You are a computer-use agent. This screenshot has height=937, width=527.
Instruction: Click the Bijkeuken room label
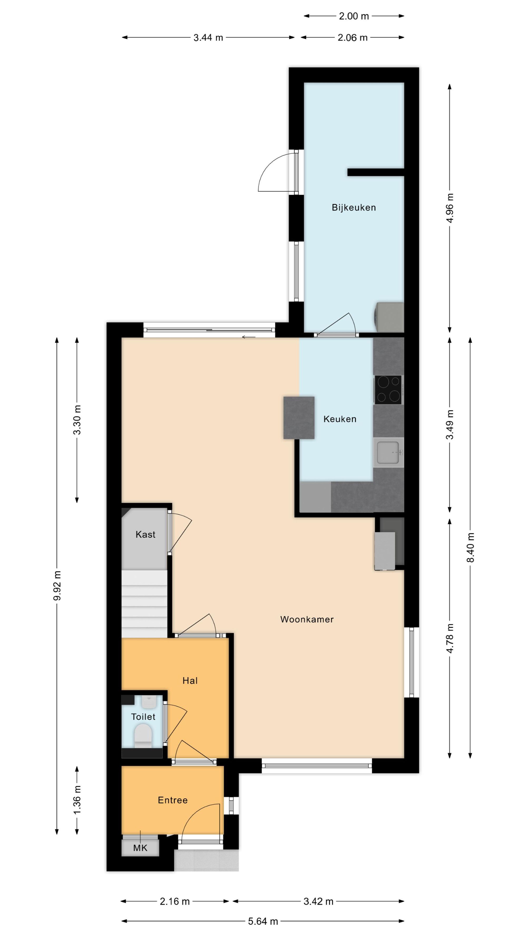[354, 208]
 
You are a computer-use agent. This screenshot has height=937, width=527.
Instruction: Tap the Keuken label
[340, 419]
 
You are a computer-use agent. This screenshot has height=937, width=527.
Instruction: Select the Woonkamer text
[307, 619]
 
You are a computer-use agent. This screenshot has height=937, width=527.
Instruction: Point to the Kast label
[145, 534]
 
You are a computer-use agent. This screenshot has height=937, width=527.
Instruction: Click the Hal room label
[190, 681]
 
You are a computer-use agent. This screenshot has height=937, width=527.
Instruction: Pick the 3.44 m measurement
[208, 37]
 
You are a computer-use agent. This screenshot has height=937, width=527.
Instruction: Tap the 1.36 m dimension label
[77, 801]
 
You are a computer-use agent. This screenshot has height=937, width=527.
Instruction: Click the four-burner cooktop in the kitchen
[388, 389]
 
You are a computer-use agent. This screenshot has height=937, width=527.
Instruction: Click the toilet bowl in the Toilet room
[143, 735]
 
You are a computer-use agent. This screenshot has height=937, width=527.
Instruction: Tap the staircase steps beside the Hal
[144, 603]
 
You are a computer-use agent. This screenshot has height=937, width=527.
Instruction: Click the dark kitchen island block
[299, 418]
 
